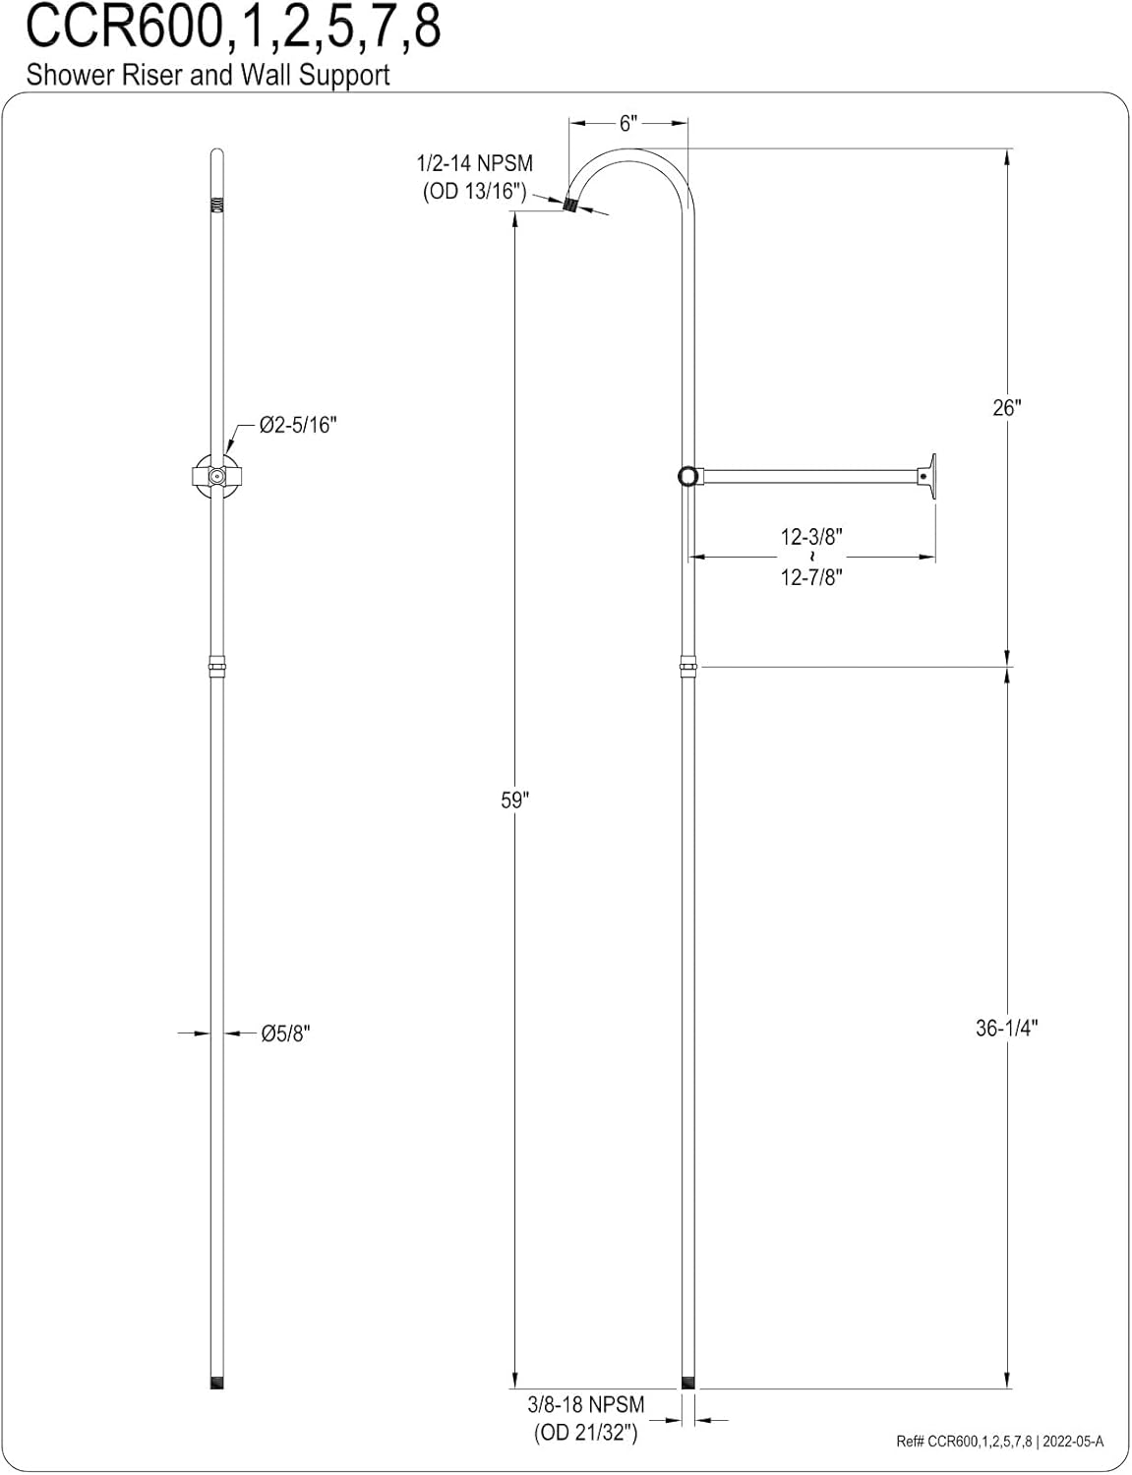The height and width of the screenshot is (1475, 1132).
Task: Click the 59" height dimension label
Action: (x=514, y=800)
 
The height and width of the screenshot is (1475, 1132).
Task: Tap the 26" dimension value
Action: (x=1007, y=408)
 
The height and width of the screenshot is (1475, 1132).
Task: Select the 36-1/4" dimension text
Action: (x=1007, y=1029)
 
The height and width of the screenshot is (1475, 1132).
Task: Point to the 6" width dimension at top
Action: (x=629, y=124)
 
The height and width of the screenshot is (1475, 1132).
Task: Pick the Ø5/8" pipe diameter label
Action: (x=285, y=1033)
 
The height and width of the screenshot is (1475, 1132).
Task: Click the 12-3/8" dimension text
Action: (x=812, y=537)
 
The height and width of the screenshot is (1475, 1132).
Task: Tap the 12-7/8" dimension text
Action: (x=812, y=577)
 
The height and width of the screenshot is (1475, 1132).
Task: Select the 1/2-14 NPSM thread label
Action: (x=475, y=163)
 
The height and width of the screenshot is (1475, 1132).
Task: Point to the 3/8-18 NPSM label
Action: (x=586, y=1405)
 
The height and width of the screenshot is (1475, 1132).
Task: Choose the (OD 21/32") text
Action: (x=586, y=1433)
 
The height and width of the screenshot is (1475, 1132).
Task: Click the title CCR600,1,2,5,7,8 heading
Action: (x=233, y=29)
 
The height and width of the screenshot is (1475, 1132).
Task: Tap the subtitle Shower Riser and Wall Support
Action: (x=208, y=75)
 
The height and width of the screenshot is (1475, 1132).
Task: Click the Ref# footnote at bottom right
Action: (x=999, y=1443)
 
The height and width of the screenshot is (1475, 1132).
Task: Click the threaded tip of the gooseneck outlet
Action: (x=569, y=206)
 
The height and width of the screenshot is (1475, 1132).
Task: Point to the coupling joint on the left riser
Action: (x=217, y=668)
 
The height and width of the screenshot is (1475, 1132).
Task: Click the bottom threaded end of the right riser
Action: (x=687, y=1383)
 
